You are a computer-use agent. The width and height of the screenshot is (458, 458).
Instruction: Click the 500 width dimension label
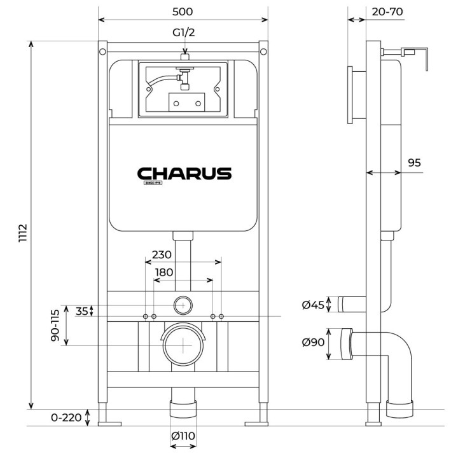[183, 12]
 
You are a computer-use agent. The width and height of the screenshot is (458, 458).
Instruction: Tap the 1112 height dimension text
[22, 234]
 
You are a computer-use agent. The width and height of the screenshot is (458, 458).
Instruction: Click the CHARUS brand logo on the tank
[184, 174]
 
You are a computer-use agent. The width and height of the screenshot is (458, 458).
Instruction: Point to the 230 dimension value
[162, 254]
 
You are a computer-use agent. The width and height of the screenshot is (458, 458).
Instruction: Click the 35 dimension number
[82, 312]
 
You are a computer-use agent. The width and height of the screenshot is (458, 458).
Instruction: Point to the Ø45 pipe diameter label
[314, 305]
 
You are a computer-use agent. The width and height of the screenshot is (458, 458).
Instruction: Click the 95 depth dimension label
[414, 163]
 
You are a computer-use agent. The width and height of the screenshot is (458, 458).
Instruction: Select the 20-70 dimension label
[387, 12]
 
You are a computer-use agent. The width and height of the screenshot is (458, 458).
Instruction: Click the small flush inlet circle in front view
[183, 305]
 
